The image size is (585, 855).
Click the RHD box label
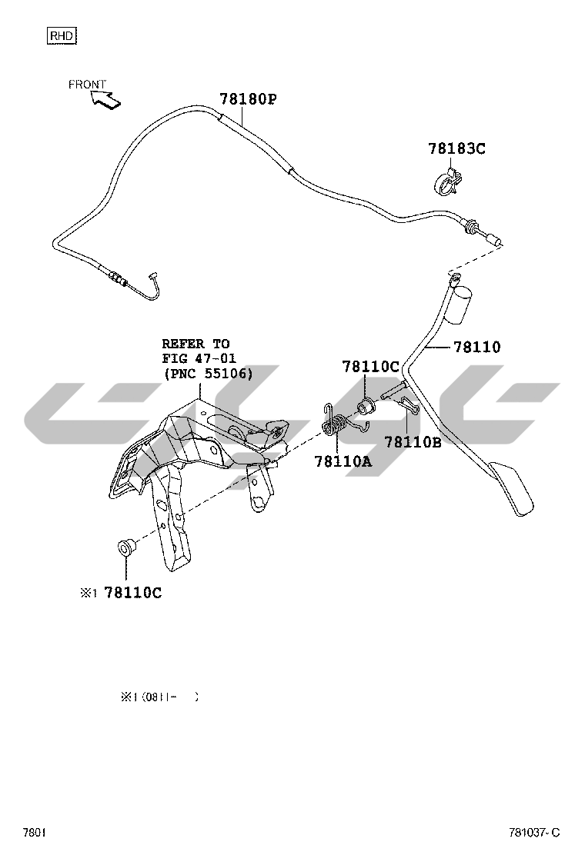[x=62, y=35]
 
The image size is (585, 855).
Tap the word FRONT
[x=87, y=85]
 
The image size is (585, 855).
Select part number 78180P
[x=247, y=99]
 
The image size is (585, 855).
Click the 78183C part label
[x=456, y=149]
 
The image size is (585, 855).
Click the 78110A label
[x=343, y=461]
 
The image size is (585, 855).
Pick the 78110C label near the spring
[x=371, y=368]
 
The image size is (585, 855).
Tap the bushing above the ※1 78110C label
[x=123, y=549]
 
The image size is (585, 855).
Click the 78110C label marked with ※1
[x=132, y=592]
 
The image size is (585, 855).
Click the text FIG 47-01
[x=199, y=358]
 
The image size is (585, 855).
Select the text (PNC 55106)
[x=208, y=373]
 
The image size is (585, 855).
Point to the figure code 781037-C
[x=534, y=833]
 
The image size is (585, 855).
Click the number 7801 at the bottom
[x=35, y=833]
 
